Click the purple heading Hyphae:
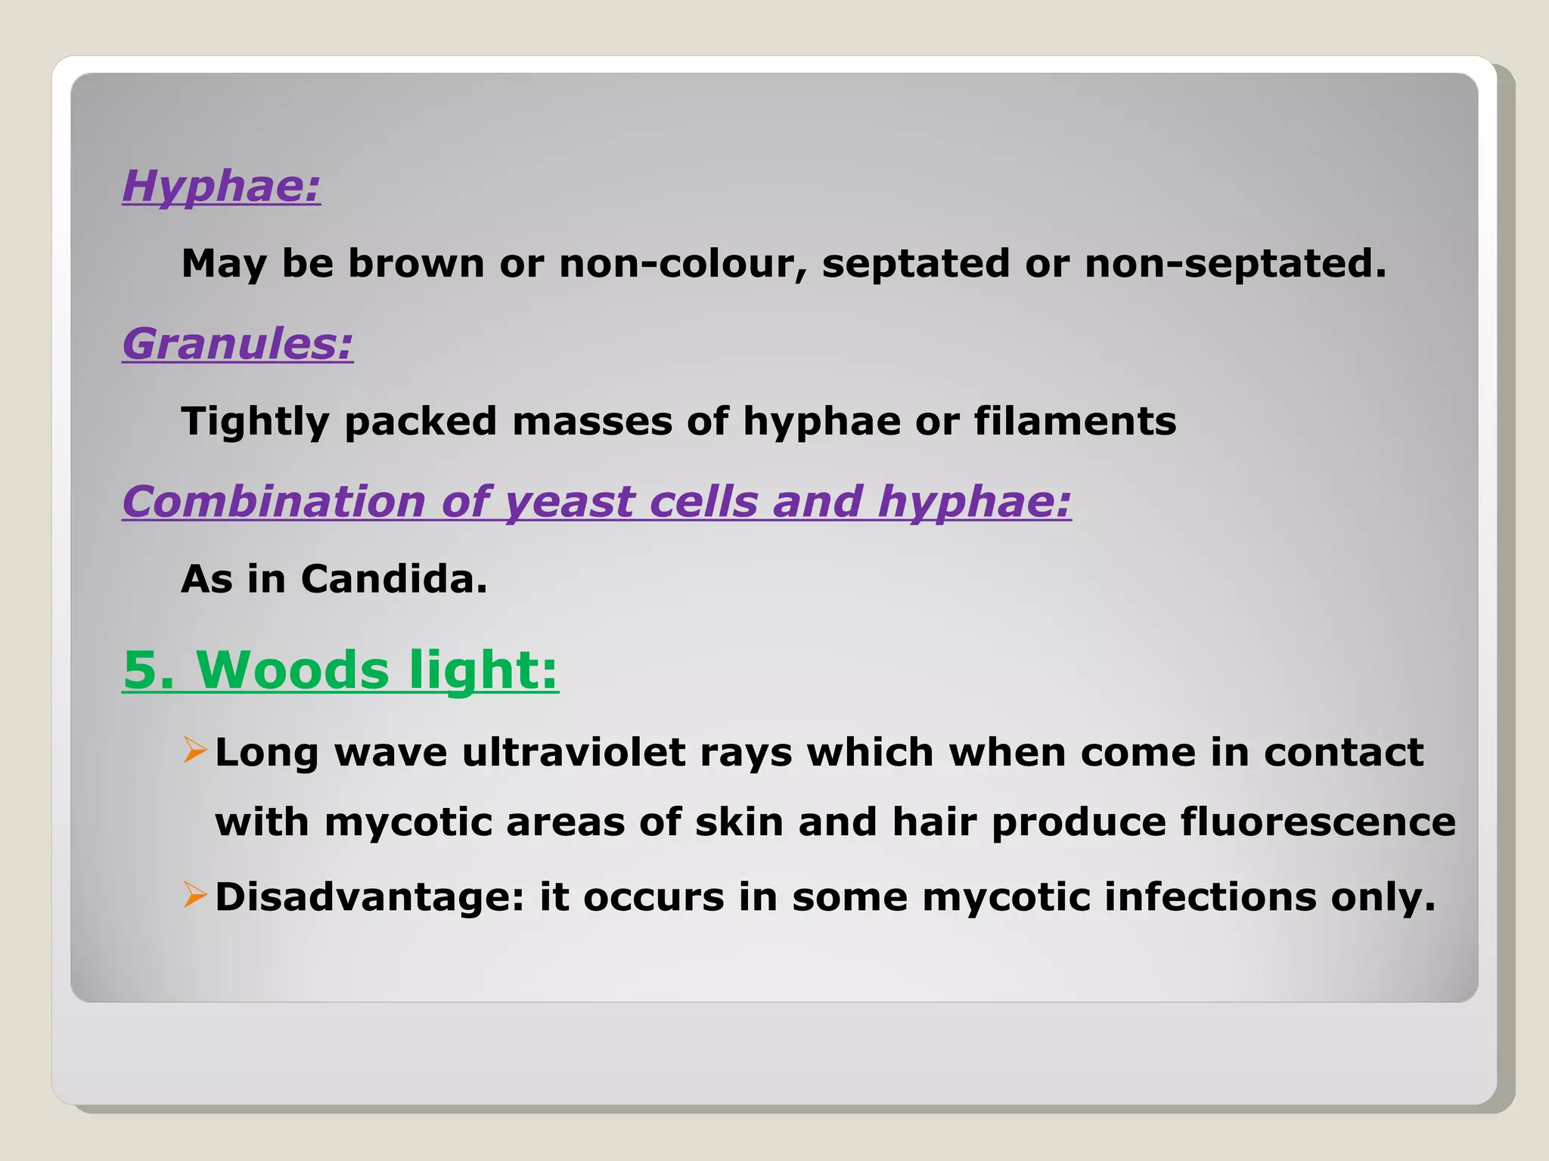pyautogui.click(x=221, y=186)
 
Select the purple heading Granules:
pyautogui.click(x=237, y=344)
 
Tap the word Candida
pyautogui.click(x=393, y=580)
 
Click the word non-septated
pyautogui.click(x=1234, y=264)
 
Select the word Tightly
pyautogui.click(x=254, y=422)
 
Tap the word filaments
pyautogui.click(x=1075, y=422)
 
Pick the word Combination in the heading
pyautogui.click(x=274, y=502)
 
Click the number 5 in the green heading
pyautogui.click(x=140, y=670)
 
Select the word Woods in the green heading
pyautogui.click(x=293, y=670)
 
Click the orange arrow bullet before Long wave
pyautogui.click(x=194, y=751)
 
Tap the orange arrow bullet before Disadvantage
pyautogui.click(x=194, y=896)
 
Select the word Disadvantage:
pyautogui.click(x=369, y=897)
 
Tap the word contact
pyautogui.click(x=1343, y=753)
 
